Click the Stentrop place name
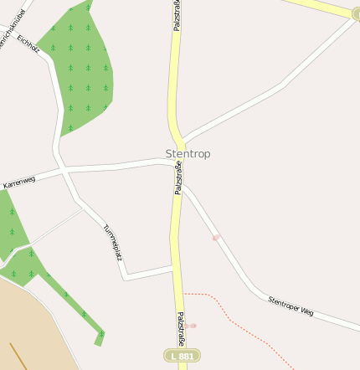pos(188,154)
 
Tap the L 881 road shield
pos(182,356)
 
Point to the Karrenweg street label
pos(19,181)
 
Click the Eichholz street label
pos(28,44)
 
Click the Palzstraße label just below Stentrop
pos(178,178)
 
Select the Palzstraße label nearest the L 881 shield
pos(180,330)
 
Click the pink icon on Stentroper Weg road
pos(216,238)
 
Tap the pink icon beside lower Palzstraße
pos(192,326)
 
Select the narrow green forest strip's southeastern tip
pos(100,337)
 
